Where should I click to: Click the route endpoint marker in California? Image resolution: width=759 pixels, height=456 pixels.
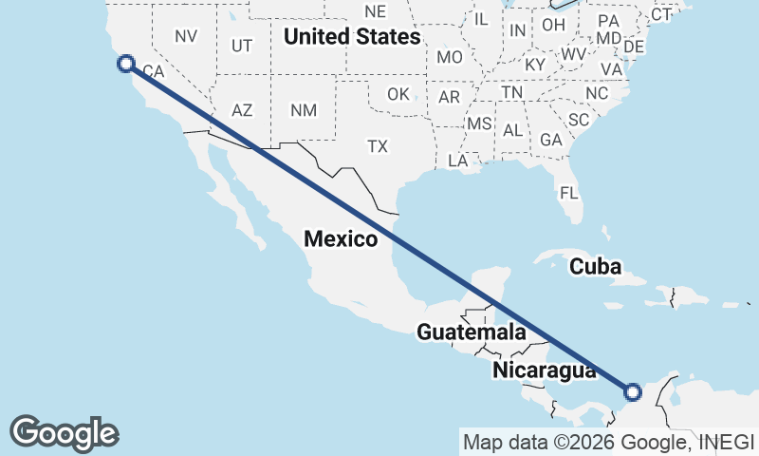(125, 64)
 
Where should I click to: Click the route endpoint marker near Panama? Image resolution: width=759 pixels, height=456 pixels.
(634, 390)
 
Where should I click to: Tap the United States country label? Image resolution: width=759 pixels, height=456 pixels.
(352, 38)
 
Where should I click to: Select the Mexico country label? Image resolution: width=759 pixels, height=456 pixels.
(341, 238)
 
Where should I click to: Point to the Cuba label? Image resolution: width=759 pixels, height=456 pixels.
(595, 267)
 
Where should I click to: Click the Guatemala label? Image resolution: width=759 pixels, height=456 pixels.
(472, 332)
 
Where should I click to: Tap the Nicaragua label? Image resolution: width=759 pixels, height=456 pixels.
(544, 370)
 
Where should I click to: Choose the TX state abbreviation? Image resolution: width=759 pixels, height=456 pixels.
(379, 146)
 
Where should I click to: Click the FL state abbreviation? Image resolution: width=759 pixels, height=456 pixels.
(568, 193)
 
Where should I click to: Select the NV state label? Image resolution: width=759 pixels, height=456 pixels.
(186, 36)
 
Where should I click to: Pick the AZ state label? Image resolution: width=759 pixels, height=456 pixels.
(242, 110)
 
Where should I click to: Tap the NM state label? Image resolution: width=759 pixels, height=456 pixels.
(304, 110)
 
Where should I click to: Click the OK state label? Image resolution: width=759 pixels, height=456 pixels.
(398, 94)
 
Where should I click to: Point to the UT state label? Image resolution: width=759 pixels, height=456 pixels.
(242, 46)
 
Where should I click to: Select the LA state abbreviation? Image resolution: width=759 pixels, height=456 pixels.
(458, 161)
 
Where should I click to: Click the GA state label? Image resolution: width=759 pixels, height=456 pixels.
(550, 140)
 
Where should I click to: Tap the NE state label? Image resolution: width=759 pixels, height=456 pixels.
(376, 11)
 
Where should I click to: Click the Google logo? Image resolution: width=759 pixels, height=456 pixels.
(65, 432)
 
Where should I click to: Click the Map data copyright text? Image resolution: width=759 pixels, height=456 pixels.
(608, 442)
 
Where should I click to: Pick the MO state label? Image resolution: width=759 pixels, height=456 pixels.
(450, 57)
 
